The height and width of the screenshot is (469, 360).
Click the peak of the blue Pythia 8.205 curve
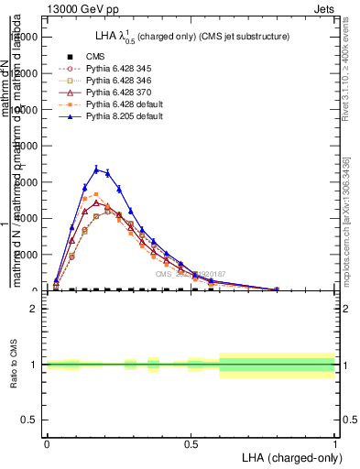[x=96, y=169]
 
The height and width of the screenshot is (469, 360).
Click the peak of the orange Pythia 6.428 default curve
[x=96, y=194]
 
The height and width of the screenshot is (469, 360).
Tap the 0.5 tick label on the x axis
[x=191, y=444]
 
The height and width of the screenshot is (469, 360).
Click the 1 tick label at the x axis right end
[x=334, y=444]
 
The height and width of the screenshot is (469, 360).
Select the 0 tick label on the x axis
[x=47, y=444]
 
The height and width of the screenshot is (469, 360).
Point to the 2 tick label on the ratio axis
[x=34, y=310]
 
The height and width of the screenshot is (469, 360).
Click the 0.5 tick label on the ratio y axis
[x=29, y=420]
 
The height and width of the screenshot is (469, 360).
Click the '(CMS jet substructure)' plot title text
[x=238, y=38]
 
